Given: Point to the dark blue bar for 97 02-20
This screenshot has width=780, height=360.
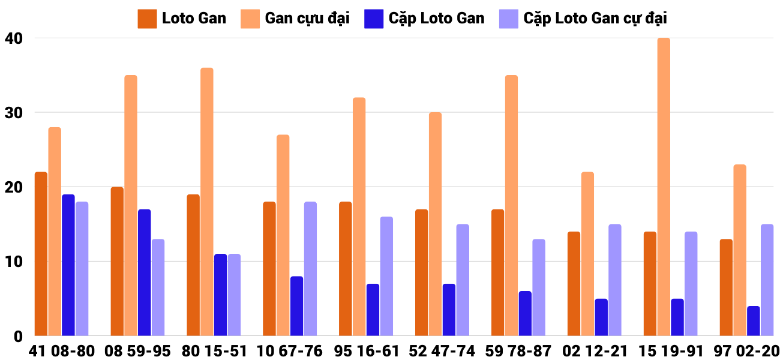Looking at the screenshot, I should tap(754, 321).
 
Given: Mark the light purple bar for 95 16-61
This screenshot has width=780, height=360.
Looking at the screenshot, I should tap(386, 276).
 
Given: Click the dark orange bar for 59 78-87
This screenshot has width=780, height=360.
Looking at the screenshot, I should tap(497, 272).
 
